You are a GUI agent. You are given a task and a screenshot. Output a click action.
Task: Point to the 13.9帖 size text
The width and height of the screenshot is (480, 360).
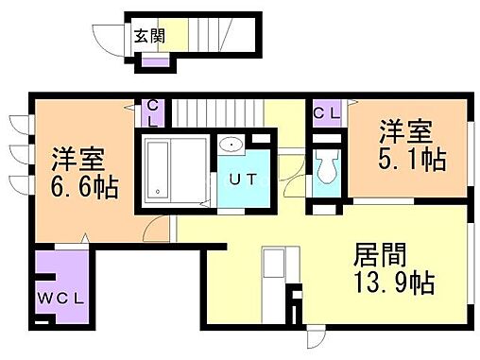click(393, 283)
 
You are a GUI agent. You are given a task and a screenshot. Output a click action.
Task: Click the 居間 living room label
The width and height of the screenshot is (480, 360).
click(381, 253)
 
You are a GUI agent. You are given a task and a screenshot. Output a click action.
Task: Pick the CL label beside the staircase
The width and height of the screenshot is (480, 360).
click(152, 114)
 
